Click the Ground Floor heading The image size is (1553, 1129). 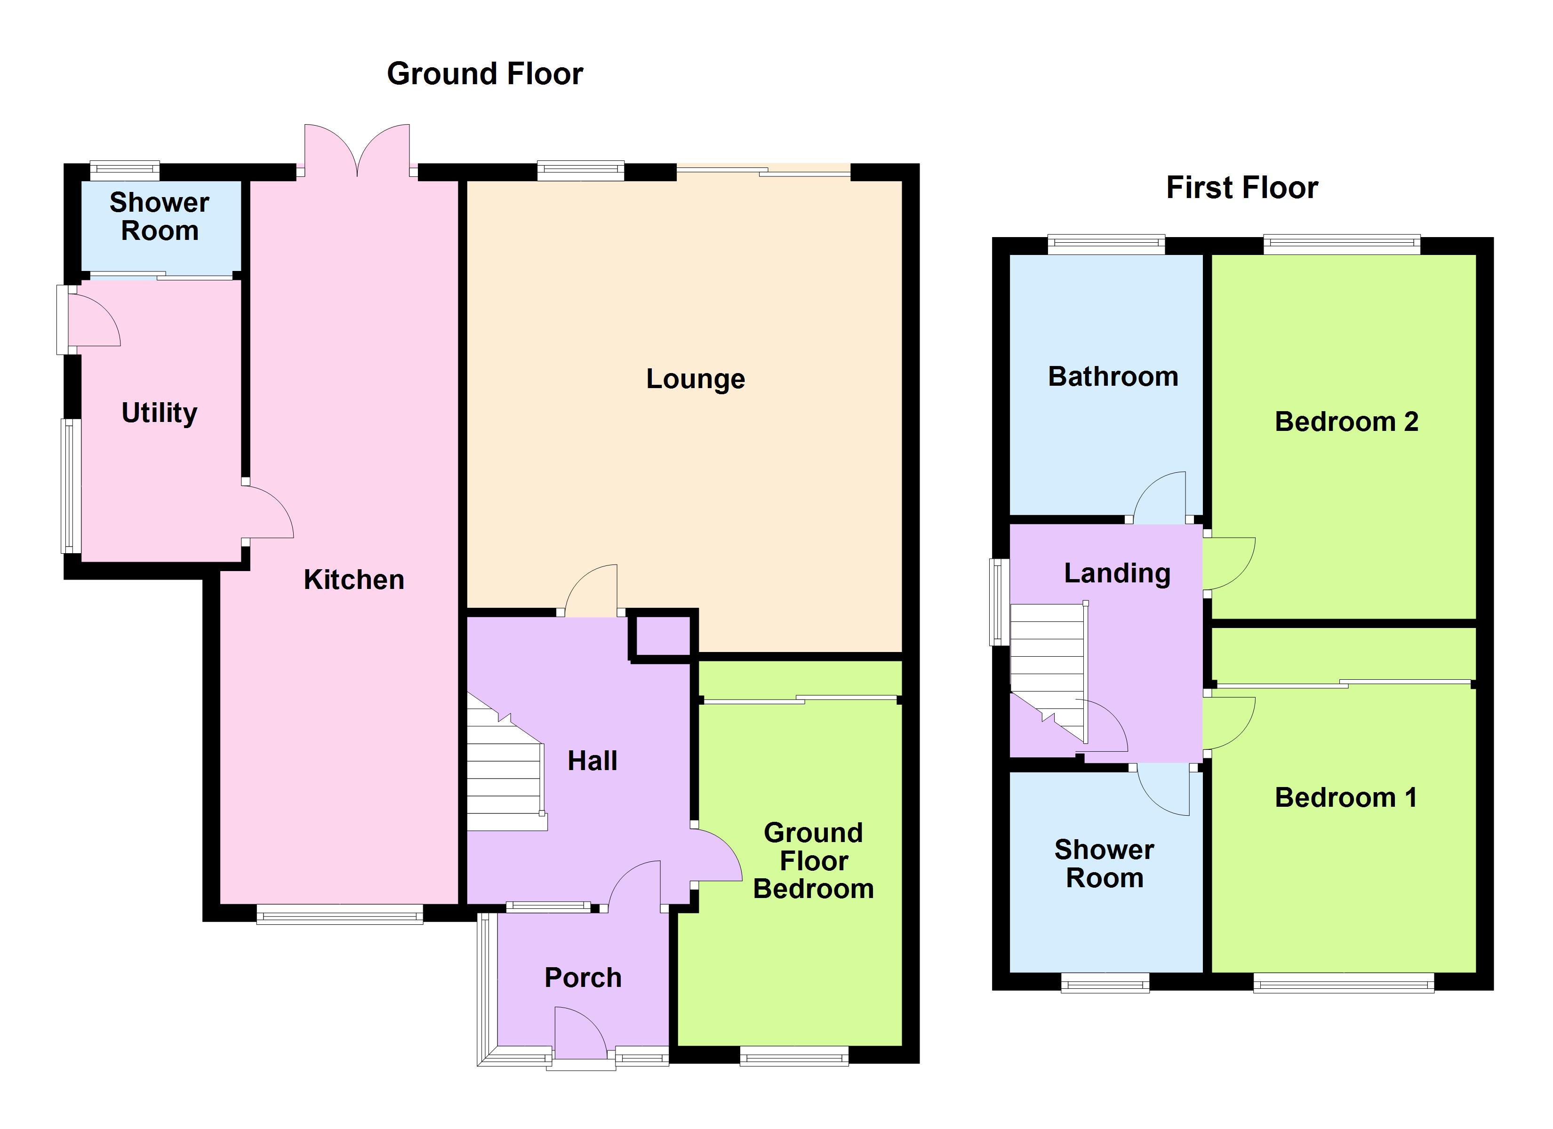point(485,74)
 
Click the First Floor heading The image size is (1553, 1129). point(1241,188)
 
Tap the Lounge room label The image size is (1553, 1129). point(695,379)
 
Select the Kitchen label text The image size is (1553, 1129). point(353,580)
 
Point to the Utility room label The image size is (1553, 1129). point(159,413)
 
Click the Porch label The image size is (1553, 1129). point(583,978)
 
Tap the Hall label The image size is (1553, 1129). point(592,761)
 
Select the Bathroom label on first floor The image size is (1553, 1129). point(1113,376)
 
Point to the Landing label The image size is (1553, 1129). point(1117,573)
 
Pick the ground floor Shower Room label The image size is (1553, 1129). point(159,216)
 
